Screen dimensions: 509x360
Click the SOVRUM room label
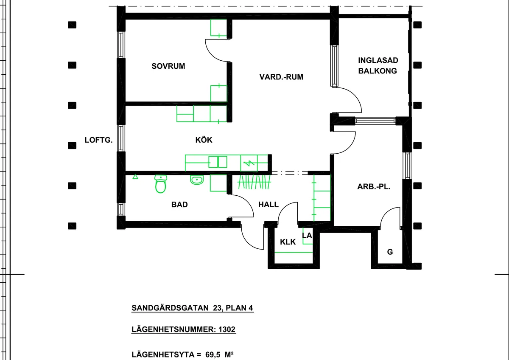tap(168, 66)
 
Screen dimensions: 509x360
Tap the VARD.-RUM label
tap(281, 77)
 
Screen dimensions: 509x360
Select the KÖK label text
tap(204, 140)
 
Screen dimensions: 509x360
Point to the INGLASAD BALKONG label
tap(378, 65)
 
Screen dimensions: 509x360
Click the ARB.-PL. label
tap(374, 187)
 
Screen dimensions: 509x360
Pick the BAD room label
tap(179, 205)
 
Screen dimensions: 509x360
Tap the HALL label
tap(268, 205)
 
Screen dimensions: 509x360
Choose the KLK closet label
tap(288, 242)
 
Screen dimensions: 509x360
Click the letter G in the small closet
tap(390, 252)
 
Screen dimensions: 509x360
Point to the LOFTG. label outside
tap(98, 140)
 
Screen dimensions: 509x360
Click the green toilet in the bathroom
tap(161, 184)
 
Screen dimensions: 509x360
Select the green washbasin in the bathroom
tap(197, 180)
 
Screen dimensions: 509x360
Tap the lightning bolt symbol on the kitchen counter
tap(249, 163)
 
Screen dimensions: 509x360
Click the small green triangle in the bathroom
tap(135, 177)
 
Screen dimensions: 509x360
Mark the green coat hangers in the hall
tap(254, 182)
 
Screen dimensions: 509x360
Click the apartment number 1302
tap(227, 329)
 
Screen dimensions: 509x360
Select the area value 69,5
tap(213, 354)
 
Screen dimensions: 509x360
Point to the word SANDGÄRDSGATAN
tap(170, 308)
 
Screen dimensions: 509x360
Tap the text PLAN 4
tap(239, 308)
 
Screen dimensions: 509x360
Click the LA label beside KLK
tap(307, 236)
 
